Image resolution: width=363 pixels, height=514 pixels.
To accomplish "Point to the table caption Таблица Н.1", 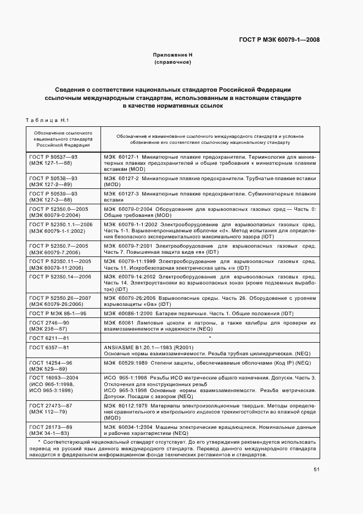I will click(46, 120).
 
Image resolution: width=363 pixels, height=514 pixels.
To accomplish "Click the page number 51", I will click(316, 469).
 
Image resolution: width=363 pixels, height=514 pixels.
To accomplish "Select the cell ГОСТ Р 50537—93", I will click(53, 157).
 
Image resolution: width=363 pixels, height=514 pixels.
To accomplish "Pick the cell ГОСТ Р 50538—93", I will click(53, 179).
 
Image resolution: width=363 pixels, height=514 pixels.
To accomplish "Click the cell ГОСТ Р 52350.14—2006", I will click(60, 277).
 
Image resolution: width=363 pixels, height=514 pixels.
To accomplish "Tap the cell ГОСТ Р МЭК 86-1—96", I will click(57, 313).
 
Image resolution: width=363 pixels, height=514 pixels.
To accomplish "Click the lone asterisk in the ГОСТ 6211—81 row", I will click(210, 338).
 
